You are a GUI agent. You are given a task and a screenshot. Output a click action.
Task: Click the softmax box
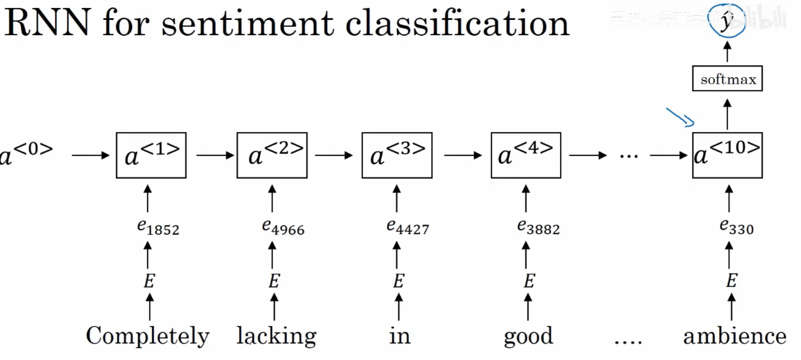[727, 79]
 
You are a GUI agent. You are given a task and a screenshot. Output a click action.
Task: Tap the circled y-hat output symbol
[727, 20]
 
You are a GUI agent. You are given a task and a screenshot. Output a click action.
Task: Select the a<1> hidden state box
[151, 155]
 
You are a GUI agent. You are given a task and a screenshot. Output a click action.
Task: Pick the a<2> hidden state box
[272, 155]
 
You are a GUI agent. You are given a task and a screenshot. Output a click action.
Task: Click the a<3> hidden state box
[397, 155]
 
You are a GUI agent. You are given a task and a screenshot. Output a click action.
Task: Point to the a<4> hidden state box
[526, 155]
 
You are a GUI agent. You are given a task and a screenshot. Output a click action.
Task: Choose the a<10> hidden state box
[727, 155]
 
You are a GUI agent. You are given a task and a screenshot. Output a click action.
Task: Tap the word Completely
[147, 336]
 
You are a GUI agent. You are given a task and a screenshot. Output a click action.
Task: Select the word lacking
[276, 336]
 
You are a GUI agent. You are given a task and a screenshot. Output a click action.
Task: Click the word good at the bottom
[528, 336]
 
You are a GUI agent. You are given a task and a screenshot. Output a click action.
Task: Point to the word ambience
[735, 336]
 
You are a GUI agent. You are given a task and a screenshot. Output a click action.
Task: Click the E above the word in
[399, 281]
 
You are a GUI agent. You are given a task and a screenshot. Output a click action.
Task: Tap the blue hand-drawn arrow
[680, 117]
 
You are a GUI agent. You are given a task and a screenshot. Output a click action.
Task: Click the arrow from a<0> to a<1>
[91, 155]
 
